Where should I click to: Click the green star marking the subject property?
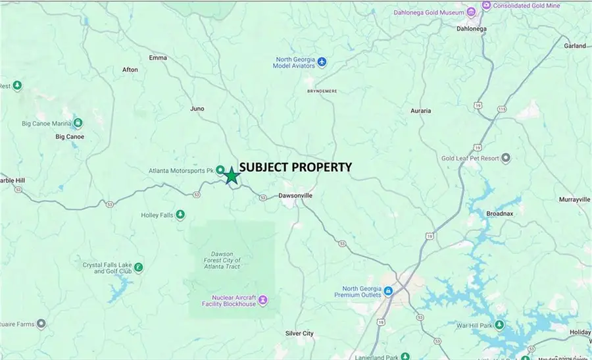coord(232,176)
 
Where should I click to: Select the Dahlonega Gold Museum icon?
coord(471,13)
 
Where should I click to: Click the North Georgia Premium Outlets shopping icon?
coord(388,290)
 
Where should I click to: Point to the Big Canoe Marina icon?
coord(78,123)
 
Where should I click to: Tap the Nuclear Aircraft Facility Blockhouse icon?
coord(263,300)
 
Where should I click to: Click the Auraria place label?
coord(420,111)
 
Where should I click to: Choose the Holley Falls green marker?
coord(180,215)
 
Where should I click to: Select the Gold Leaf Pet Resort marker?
coord(506,158)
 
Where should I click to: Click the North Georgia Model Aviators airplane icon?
coord(322,62)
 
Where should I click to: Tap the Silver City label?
coord(299,334)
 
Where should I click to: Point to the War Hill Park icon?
coord(500,325)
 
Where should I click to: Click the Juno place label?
coord(197,109)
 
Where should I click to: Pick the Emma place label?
coord(158,58)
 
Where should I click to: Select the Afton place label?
coord(130,70)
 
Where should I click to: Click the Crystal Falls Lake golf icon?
coord(138,268)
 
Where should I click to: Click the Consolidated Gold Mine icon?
coord(486,5)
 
